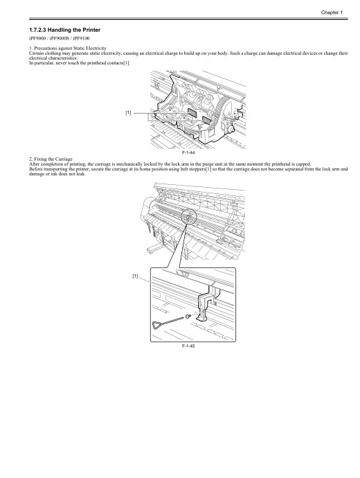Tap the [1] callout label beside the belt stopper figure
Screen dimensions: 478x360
[136, 276]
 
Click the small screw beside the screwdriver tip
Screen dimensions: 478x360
[188, 316]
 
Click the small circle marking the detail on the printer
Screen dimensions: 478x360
[188, 218]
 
